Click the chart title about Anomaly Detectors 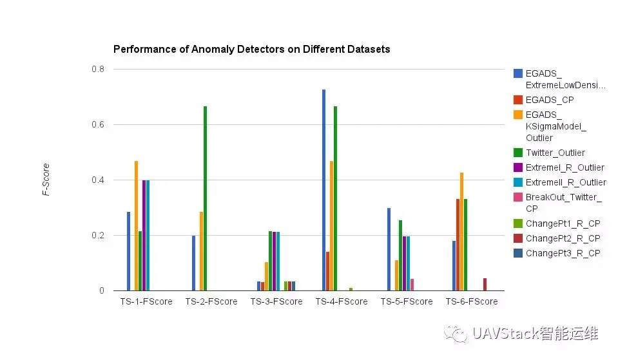point(251,49)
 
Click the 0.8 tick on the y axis point(99,69)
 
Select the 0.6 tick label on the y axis point(99,124)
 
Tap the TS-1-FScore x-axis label point(146,301)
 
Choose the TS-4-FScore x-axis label point(342,301)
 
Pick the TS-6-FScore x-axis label point(472,301)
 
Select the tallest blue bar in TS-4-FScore point(323,190)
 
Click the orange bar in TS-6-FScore point(461,231)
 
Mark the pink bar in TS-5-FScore point(412,285)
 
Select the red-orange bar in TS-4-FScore point(327,271)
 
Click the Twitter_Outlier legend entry point(555,153)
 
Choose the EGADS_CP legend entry point(549,100)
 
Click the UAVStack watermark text point(535,333)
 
